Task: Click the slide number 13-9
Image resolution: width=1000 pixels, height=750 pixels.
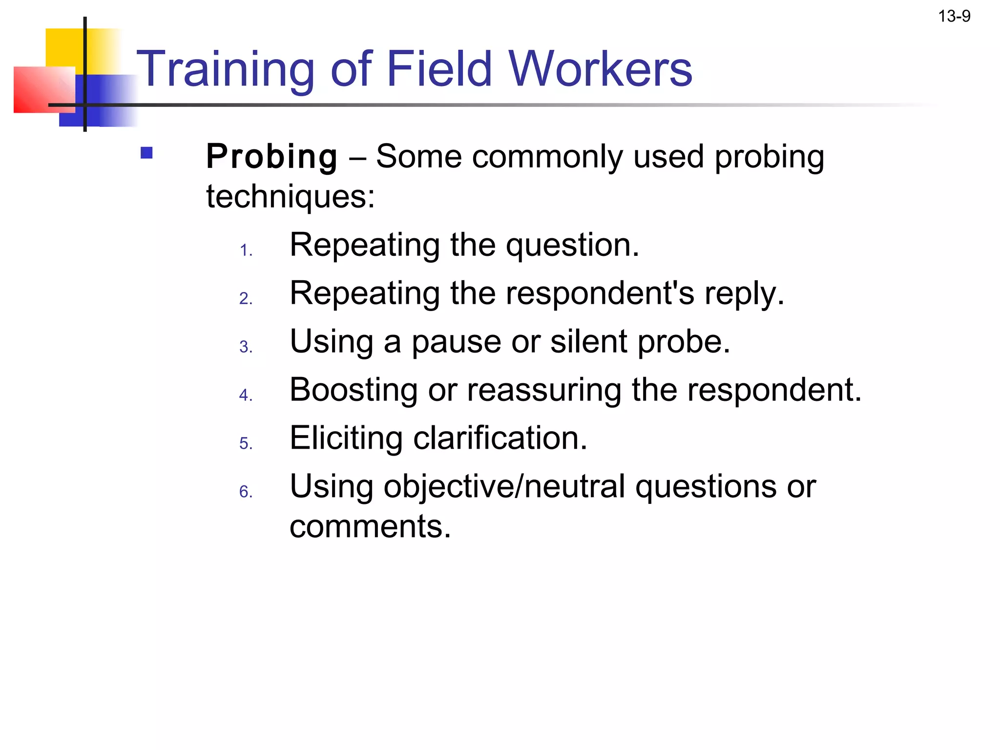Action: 954,17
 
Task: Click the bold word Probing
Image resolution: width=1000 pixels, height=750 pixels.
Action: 271,157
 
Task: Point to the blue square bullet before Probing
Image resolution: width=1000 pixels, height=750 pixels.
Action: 146,153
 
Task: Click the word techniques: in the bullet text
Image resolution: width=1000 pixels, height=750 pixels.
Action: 291,197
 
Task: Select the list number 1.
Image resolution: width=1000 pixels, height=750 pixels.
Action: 246,251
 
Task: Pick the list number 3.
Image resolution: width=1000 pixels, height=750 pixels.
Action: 246,347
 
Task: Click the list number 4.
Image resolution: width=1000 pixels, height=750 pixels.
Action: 246,395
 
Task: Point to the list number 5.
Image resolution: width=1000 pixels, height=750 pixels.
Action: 246,443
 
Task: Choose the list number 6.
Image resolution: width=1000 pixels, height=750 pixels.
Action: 246,492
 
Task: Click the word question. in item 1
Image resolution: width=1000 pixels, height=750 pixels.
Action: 572,246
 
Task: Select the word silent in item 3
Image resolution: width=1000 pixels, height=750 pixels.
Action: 588,341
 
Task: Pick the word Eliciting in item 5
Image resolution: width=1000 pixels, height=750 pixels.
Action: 346,438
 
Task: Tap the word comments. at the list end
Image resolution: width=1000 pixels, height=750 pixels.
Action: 370,527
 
